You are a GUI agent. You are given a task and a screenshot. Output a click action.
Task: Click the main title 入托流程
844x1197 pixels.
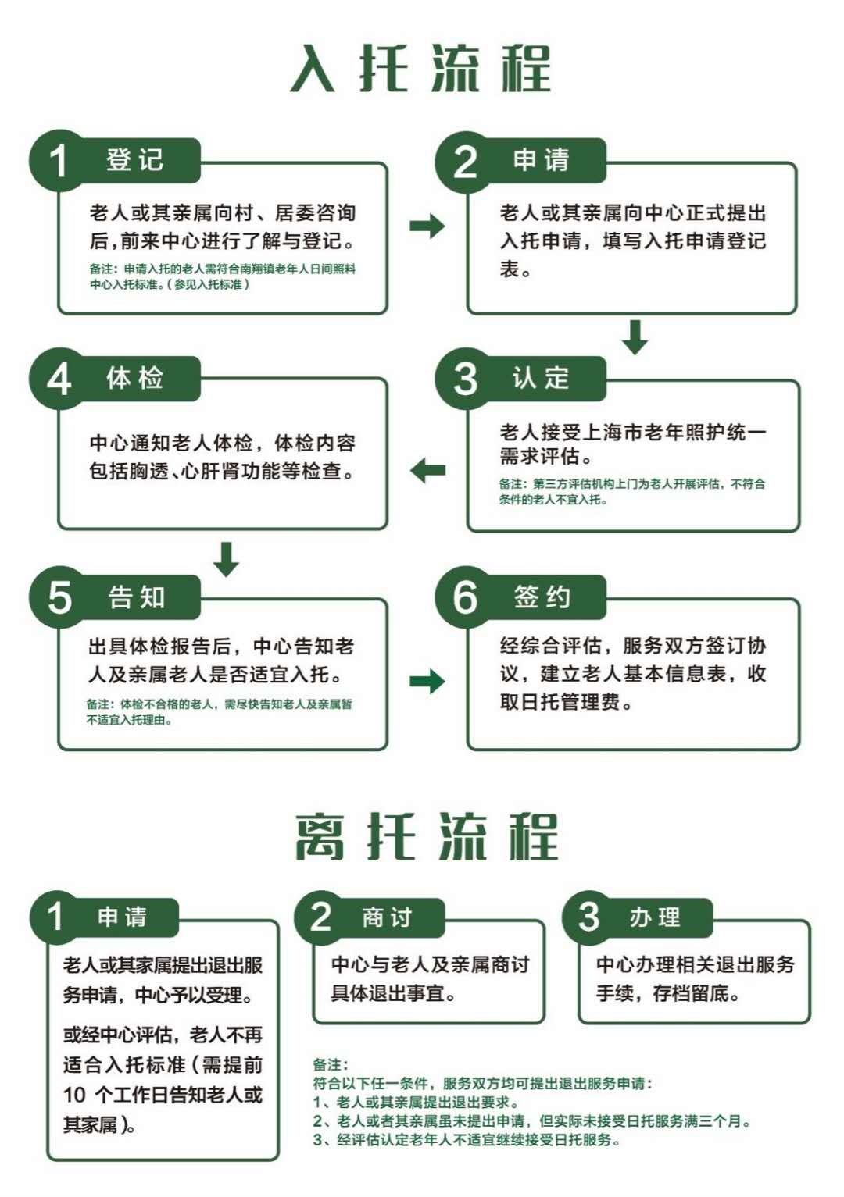click(420, 69)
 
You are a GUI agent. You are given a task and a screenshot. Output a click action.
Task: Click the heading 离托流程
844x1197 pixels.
click(426, 836)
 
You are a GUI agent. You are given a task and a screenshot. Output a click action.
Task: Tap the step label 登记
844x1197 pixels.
click(134, 159)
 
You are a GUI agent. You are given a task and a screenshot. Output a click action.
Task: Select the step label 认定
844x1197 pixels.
click(541, 379)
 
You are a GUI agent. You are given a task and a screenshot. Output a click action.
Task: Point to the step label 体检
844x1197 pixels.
click(134, 379)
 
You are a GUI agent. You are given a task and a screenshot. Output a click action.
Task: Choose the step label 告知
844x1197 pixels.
click(137, 597)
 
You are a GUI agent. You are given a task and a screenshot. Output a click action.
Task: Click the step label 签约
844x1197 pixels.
click(542, 597)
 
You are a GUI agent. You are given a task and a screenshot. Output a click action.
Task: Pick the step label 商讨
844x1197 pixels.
click(386, 917)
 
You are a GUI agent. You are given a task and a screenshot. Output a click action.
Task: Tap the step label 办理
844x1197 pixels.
click(655, 917)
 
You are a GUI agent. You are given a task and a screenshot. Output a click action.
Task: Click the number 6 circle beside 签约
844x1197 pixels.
click(465, 597)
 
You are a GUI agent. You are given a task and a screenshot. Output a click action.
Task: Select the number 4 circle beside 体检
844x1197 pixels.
click(59, 379)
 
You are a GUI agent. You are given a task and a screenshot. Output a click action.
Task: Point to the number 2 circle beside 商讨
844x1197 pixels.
click(321, 917)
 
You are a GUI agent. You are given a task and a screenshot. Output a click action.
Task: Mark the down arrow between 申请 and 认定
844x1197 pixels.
click(635, 337)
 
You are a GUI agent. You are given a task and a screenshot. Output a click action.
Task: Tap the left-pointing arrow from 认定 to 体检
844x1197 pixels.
click(427, 470)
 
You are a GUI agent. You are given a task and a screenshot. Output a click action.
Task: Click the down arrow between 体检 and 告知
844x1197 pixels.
click(227, 559)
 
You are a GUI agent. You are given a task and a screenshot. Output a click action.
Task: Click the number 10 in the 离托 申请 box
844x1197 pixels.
click(74, 1095)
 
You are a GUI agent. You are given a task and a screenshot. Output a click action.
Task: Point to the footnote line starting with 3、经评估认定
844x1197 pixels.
click(467, 1140)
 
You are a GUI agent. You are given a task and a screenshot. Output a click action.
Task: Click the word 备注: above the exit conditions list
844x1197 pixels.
click(331, 1064)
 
